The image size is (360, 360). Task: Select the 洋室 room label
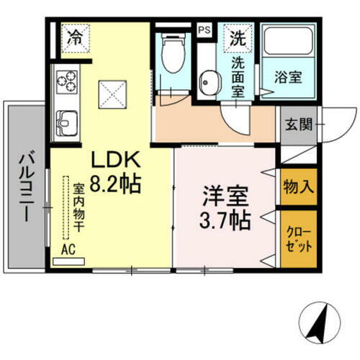coord(222,195)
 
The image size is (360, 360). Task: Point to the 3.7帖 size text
coord(224,219)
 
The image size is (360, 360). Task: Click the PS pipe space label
coord(205,30)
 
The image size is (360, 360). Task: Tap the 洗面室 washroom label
coord(237,76)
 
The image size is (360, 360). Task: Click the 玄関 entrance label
coord(297,125)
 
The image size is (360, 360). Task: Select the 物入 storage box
coord(297,187)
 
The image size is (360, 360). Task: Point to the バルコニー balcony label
coord(27,184)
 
